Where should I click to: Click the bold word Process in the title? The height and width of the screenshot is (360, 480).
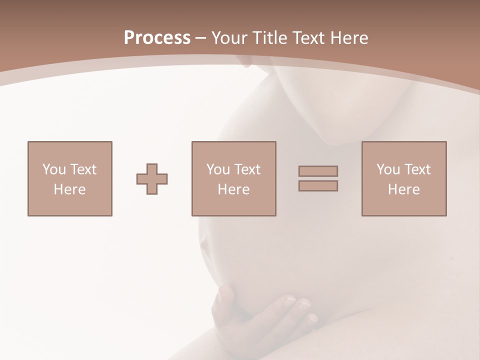point(157,38)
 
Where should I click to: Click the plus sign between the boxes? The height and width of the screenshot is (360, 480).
point(152,179)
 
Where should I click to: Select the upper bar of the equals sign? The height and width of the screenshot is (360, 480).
point(318,171)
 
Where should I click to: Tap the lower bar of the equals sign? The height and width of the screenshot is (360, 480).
point(318,186)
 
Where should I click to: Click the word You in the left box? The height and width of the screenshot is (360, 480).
point(54,169)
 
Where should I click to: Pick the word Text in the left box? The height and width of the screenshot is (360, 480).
point(83,169)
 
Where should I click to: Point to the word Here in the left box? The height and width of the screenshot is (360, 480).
point(69,189)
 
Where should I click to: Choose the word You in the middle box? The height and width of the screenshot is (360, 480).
point(218,169)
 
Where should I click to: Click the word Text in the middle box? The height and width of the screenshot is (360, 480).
point(247,169)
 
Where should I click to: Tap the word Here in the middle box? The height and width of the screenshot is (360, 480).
point(233,189)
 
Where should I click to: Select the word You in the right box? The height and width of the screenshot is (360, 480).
point(388,169)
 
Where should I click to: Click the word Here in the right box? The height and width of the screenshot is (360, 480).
point(403,189)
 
